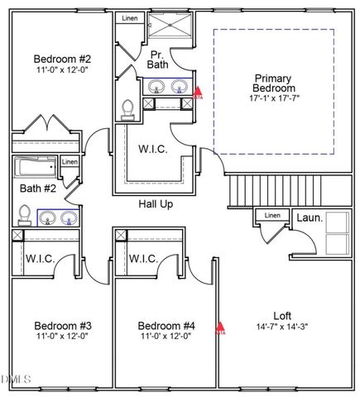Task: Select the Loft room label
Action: click(283, 315)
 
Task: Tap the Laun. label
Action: click(310, 219)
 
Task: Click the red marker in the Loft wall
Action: click(220, 327)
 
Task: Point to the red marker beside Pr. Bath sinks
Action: click(198, 94)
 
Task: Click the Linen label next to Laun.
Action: click(271, 217)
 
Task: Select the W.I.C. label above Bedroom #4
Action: click(144, 259)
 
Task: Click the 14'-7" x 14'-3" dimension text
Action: click(283, 327)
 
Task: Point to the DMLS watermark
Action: click(15, 380)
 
